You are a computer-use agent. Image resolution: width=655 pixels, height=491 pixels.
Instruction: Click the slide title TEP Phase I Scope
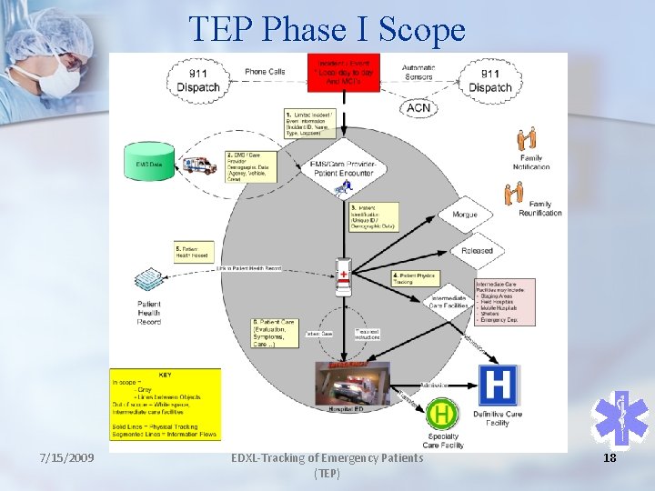click(x=327, y=30)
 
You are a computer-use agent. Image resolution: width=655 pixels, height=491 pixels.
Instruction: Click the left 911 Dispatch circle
click(x=197, y=80)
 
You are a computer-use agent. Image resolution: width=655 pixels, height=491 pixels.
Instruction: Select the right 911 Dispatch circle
click(x=489, y=80)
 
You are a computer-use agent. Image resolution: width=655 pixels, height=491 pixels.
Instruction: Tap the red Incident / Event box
click(x=343, y=71)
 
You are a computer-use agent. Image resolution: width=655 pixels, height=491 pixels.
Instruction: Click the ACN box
click(x=418, y=107)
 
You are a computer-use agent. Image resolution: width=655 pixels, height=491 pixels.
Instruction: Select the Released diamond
click(x=477, y=250)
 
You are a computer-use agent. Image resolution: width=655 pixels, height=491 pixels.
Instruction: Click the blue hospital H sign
click(x=498, y=385)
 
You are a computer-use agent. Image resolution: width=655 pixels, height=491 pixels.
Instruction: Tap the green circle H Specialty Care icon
click(x=442, y=416)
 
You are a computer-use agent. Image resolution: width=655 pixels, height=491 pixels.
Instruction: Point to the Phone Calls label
click(x=265, y=71)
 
